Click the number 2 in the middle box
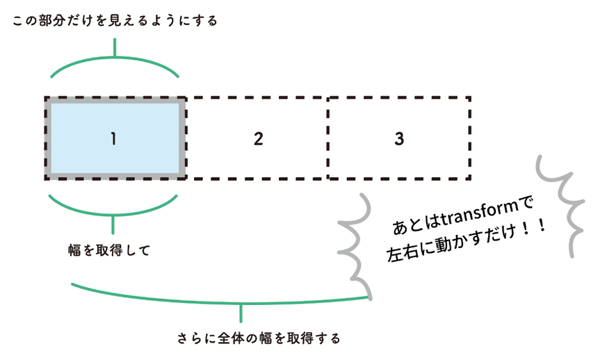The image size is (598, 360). (x=258, y=139)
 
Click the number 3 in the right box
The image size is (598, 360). (x=399, y=139)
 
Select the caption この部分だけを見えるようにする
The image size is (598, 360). (x=115, y=21)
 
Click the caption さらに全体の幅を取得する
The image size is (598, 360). (x=259, y=339)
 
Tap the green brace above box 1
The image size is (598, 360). (x=115, y=66)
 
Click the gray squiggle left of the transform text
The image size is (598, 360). (x=354, y=247)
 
